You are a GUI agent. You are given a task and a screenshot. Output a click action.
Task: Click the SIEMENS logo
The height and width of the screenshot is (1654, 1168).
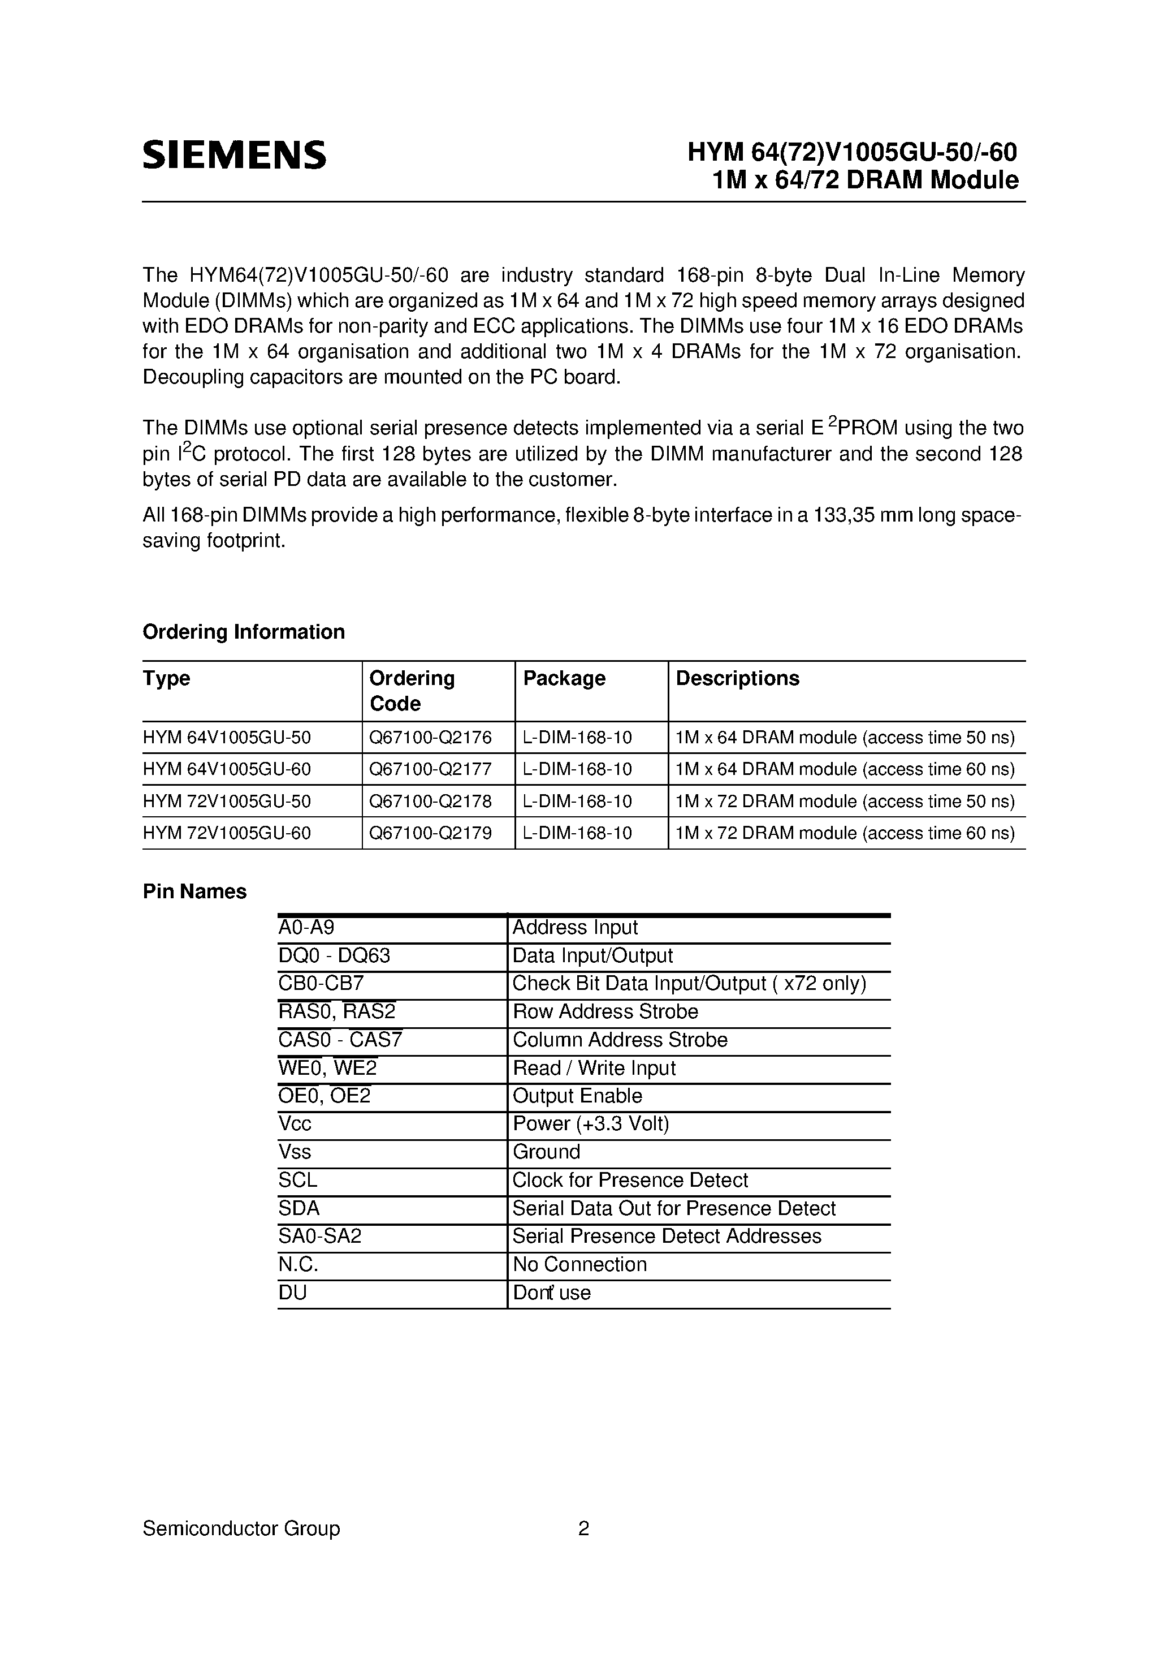coord(234,155)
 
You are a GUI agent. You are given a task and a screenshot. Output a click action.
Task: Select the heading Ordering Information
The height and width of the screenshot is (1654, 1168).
coord(244,632)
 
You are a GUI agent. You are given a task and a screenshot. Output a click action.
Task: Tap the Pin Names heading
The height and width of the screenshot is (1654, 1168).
coord(194,892)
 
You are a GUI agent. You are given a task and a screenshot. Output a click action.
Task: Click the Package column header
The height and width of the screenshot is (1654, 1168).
coord(564,679)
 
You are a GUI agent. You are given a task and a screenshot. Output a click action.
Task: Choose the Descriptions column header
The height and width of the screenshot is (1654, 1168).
coord(737,679)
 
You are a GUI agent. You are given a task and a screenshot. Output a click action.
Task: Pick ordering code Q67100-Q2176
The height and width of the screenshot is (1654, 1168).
coord(430,738)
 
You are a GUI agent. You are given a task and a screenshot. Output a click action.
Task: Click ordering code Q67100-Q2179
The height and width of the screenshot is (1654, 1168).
coord(430,833)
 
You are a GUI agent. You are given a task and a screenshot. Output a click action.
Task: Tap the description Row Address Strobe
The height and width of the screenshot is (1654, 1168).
coord(605,1012)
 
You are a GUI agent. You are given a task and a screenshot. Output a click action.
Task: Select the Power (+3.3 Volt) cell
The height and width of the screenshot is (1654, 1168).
coord(590,1125)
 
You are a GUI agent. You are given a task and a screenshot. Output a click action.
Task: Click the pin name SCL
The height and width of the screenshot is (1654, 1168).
coord(297,1181)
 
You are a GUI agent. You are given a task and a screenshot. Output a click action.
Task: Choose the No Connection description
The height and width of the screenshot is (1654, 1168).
coord(579,1265)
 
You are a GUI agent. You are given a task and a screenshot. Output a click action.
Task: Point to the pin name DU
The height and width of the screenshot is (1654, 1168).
coord(292,1293)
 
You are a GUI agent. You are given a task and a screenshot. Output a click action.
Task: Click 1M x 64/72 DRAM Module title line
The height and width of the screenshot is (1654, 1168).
coord(865,180)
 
